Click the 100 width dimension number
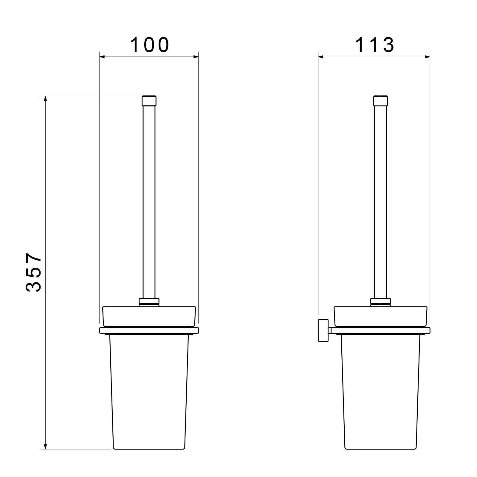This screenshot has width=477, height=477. point(150,45)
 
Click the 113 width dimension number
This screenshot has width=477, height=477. point(375,45)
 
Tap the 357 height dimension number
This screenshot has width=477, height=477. point(33,272)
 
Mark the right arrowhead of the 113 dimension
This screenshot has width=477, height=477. point(426,56)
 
